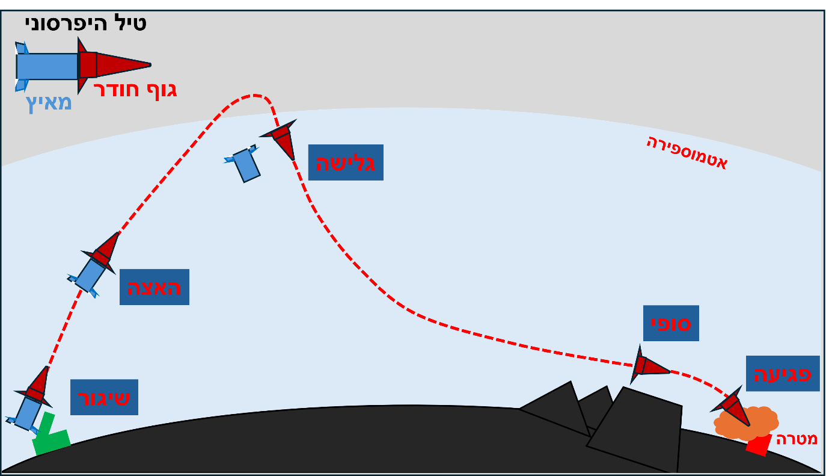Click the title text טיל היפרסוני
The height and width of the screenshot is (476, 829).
[85, 23]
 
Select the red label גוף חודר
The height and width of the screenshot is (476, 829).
[135, 90]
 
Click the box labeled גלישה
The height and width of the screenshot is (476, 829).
[346, 162]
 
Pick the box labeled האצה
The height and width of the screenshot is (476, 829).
[154, 287]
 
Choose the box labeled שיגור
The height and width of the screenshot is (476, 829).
[104, 397]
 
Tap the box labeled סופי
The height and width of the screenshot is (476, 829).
[671, 323]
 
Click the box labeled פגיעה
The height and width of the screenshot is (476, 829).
[783, 374]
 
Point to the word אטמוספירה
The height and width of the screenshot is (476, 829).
[687, 152]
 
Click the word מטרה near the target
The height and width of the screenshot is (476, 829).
[797, 439]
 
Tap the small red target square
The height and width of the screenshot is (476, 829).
[759, 445]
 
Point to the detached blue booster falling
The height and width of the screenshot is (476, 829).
[245, 164]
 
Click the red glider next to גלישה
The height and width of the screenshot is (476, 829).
[281, 139]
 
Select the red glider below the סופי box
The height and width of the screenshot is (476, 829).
[649, 365]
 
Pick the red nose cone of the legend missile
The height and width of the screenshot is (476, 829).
[120, 64]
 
